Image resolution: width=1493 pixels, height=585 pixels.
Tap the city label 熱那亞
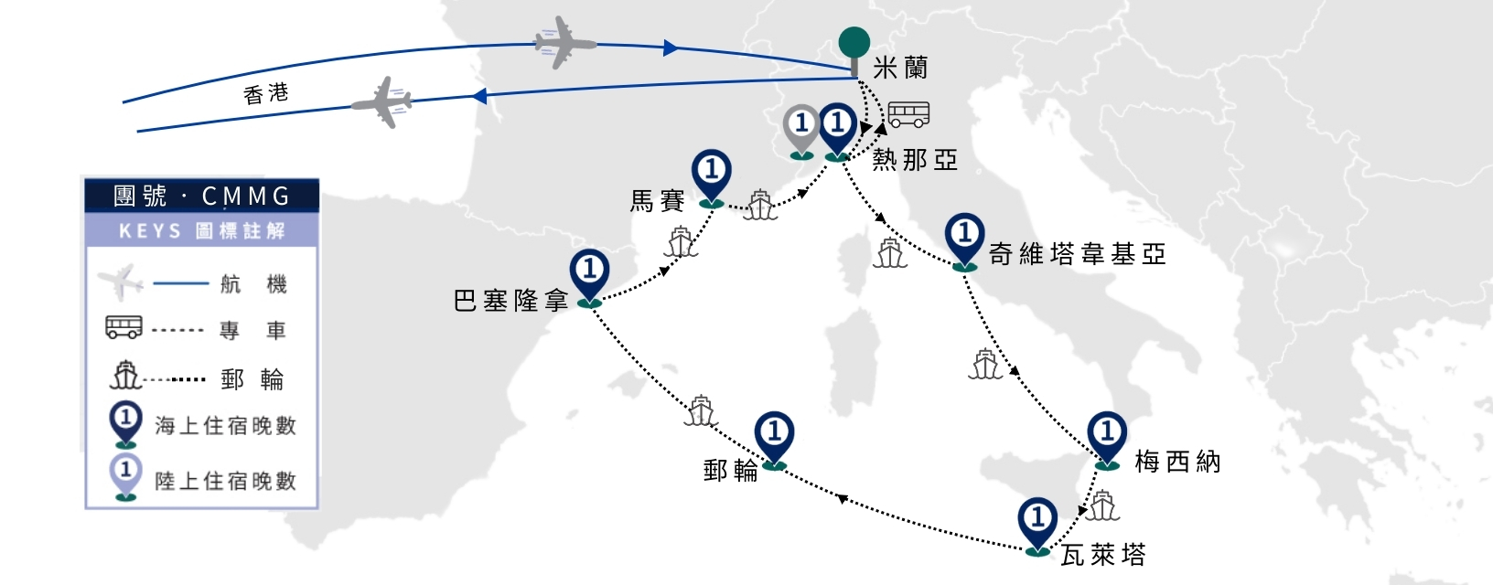pyautogui.click(x=915, y=160)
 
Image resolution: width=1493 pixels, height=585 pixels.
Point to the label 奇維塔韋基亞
pyautogui.click(x=1077, y=254)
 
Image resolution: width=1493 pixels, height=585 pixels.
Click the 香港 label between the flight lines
pyautogui.click(x=266, y=94)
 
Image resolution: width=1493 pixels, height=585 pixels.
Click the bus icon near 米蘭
pyautogui.click(x=909, y=114)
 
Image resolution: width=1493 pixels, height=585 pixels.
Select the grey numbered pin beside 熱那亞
pyautogui.click(x=801, y=132)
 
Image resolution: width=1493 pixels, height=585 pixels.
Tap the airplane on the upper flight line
pyautogui.click(x=564, y=43)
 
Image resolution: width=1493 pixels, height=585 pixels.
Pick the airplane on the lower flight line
pyautogui.click(x=382, y=102)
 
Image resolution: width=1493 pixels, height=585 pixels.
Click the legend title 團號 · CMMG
pyautogui.click(x=202, y=196)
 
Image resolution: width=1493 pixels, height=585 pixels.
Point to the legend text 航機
pyautogui.click(x=253, y=284)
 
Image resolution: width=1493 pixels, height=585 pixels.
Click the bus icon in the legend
pyautogui.click(x=124, y=327)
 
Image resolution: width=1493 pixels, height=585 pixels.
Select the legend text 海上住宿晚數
pyautogui.click(x=225, y=426)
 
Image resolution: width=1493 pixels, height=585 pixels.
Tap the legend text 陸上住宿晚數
pyautogui.click(x=225, y=481)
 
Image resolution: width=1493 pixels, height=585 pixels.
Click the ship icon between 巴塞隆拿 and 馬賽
pyautogui.click(x=681, y=242)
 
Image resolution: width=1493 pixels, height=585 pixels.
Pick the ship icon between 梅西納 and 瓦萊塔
pyautogui.click(x=1102, y=505)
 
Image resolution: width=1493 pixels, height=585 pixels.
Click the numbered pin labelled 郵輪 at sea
pyautogui.click(x=774, y=441)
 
